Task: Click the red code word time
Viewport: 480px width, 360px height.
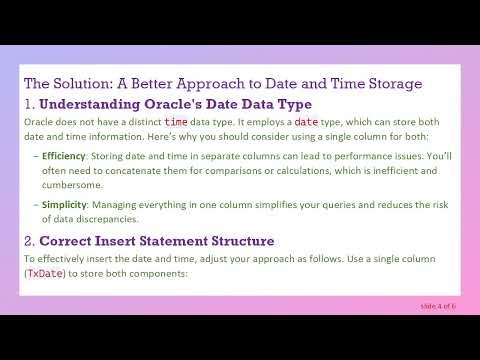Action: pyautogui.click(x=177, y=121)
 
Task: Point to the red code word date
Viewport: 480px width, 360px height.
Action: pyautogui.click(x=306, y=121)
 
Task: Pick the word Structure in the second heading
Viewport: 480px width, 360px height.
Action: pyautogui.click(x=240, y=241)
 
